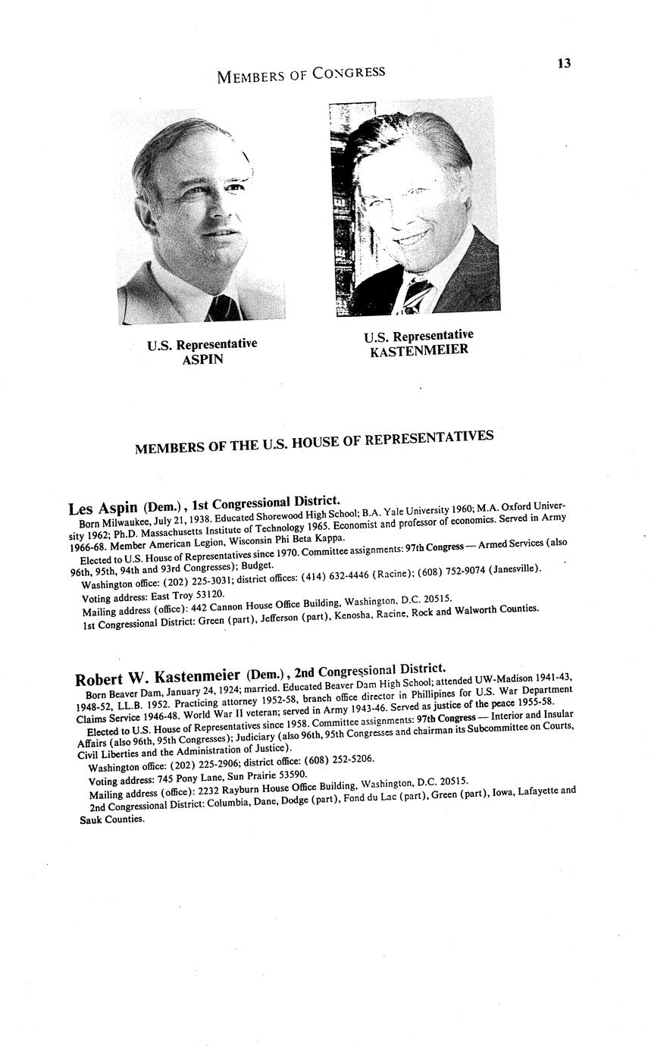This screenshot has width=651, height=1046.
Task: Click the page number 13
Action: pos(563,63)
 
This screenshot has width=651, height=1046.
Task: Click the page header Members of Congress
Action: pos(300,74)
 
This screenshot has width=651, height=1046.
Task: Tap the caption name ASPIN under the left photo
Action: pos(202,359)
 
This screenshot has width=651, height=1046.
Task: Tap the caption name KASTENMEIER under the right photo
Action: pos(419,350)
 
